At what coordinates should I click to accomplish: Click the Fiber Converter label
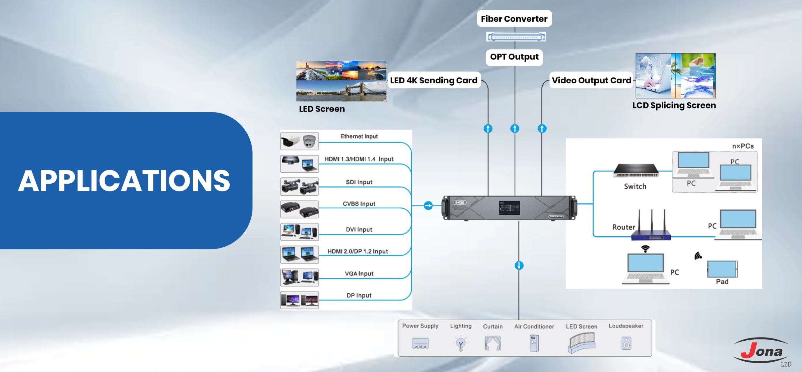(x=514, y=19)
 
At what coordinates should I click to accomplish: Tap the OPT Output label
(x=514, y=57)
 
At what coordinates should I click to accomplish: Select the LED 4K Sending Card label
(x=434, y=81)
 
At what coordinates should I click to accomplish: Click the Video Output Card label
(x=591, y=81)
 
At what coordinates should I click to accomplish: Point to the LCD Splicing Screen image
(x=675, y=76)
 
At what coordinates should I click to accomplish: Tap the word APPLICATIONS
(x=124, y=181)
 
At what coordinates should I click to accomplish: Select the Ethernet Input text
(x=359, y=136)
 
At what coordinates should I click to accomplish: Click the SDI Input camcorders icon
(x=299, y=186)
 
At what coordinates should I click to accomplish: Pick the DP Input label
(x=359, y=296)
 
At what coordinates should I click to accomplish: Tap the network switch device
(x=635, y=171)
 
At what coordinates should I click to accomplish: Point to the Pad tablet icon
(x=722, y=269)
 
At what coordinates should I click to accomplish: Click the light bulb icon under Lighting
(x=461, y=343)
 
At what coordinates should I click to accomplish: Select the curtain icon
(x=492, y=343)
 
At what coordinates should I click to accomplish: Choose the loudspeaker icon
(x=626, y=343)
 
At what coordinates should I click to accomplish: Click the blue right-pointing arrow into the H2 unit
(x=428, y=206)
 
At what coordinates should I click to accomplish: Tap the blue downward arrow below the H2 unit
(x=519, y=266)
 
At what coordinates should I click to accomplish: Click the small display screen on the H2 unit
(x=509, y=208)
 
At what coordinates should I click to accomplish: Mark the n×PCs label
(x=743, y=146)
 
